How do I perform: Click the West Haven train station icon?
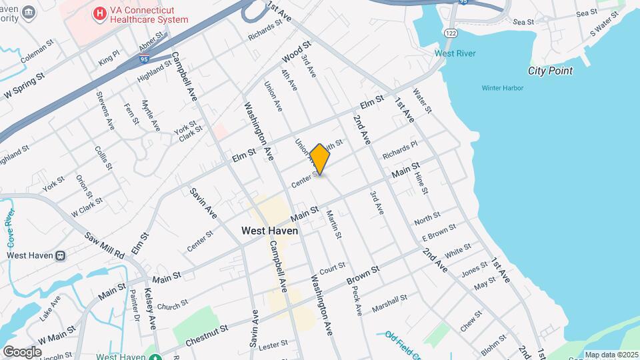tap(60, 255)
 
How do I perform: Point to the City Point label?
tap(550, 71)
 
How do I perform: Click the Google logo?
tap(22, 351)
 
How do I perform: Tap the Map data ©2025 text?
tap(610, 355)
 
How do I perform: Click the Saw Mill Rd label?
tap(105, 245)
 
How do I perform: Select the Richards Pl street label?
tap(399, 149)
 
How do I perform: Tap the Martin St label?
tap(334, 225)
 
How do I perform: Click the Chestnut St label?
tap(206, 333)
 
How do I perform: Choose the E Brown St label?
tap(438, 233)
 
